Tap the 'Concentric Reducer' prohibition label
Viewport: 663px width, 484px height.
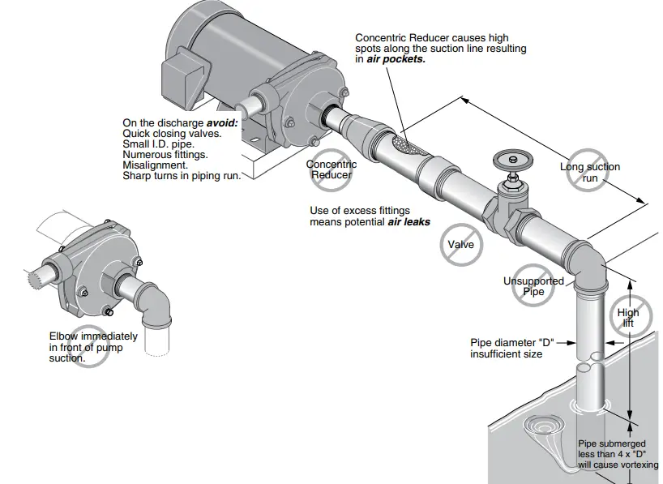pyautogui.click(x=331, y=169)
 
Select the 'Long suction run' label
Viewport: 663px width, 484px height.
pyautogui.click(x=589, y=172)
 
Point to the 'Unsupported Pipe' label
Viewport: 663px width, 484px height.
pyautogui.click(x=533, y=286)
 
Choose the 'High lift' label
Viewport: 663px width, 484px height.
pyautogui.click(x=628, y=317)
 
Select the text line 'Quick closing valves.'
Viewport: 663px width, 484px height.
pyautogui.click(x=171, y=132)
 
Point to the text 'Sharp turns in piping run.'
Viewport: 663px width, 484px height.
pyautogui.click(x=182, y=174)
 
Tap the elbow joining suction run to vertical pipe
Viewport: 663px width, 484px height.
pyautogui.click(x=588, y=265)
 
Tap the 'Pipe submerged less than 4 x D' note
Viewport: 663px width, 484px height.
pyautogui.click(x=618, y=454)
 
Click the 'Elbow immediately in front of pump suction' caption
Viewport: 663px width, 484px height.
pyautogui.click(x=93, y=346)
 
